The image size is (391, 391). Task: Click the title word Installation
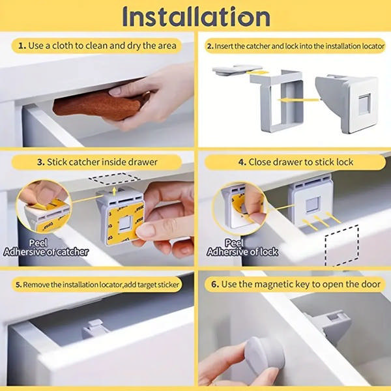coord(195,17)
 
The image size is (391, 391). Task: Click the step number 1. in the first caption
coord(23,46)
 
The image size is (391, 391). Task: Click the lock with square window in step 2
coord(349,102)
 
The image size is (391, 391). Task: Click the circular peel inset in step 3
coord(42,207)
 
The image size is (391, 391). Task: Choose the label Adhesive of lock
coord(242,252)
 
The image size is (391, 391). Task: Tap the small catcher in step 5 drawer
coord(95,328)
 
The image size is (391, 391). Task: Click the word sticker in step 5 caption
coord(166,285)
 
